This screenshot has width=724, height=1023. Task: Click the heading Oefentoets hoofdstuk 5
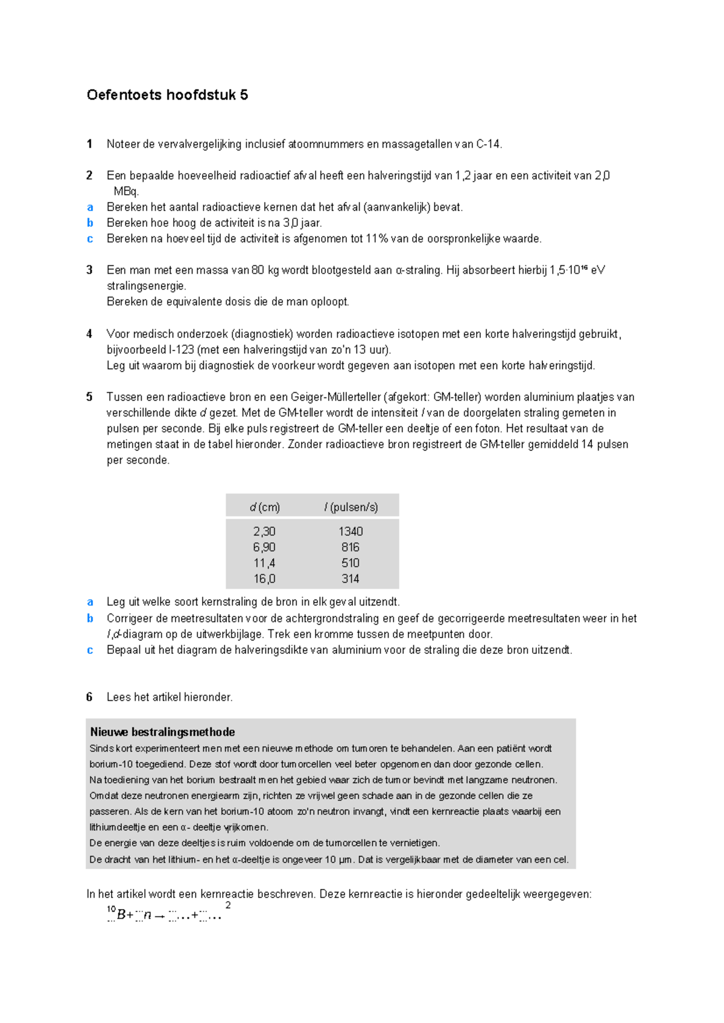[167, 95]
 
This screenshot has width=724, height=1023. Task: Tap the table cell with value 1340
[350, 531]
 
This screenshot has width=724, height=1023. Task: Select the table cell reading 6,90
[264, 547]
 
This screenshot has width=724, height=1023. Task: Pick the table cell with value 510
[350, 563]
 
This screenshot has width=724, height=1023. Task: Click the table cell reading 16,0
[264, 578]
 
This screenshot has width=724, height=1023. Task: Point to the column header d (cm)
[265, 507]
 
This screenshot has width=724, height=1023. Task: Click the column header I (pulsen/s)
[351, 507]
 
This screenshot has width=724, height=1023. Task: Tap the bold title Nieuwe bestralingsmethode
[162, 732]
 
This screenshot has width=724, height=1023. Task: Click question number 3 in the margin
[89, 270]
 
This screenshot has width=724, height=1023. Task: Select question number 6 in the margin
[89, 697]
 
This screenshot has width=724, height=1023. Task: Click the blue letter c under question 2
[90, 239]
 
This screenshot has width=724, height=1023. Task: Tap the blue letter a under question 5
[90, 602]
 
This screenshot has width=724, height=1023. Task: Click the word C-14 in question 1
[488, 144]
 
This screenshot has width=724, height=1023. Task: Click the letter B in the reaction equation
[121, 915]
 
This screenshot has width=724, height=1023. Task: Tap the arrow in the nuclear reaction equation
[159, 916]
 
